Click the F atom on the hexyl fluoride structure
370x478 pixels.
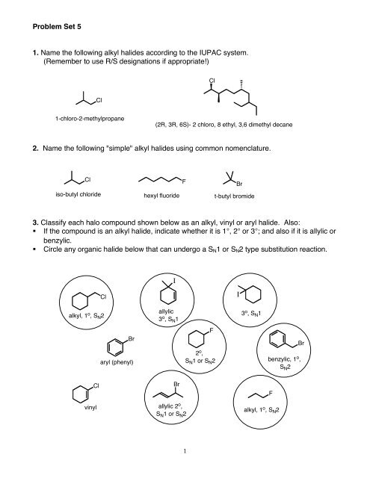point(183,181)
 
